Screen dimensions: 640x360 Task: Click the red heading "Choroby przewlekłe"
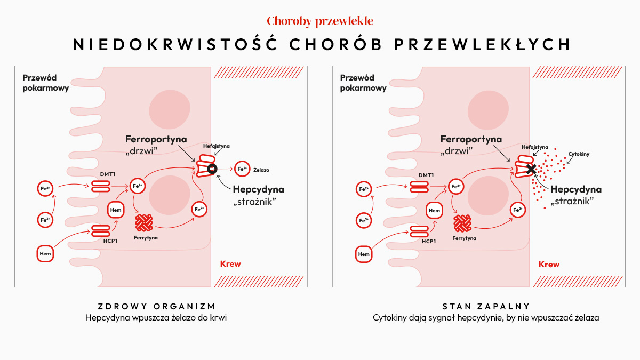[320, 21]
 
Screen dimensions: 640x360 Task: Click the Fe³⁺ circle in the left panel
[45, 220]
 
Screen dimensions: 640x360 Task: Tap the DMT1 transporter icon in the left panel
[101, 186]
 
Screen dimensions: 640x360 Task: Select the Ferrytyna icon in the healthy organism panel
[143, 223]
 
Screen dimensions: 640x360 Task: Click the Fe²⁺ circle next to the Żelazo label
[242, 169]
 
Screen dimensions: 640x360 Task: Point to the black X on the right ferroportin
[531, 169]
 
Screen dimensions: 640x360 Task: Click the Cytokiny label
[579, 154]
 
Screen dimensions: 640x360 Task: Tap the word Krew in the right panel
[549, 265]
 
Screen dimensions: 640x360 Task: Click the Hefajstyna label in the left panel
[217, 146]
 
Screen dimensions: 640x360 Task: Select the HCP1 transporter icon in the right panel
[419, 231]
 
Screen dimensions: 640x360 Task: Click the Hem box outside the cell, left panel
[45, 254]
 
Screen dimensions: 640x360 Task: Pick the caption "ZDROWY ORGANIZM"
[157, 307]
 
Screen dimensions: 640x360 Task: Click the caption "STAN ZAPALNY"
[486, 307]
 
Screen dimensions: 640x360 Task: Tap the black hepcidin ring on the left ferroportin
[212, 169]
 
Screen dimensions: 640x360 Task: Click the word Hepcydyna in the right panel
[576, 189]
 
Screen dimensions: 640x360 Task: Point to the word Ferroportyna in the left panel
[156, 139]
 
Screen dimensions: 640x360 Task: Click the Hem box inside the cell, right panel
[434, 211]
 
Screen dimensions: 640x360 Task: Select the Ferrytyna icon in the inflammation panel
[462, 223]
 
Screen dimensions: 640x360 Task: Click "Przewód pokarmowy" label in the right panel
[363, 83]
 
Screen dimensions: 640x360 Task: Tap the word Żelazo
[261, 170]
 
